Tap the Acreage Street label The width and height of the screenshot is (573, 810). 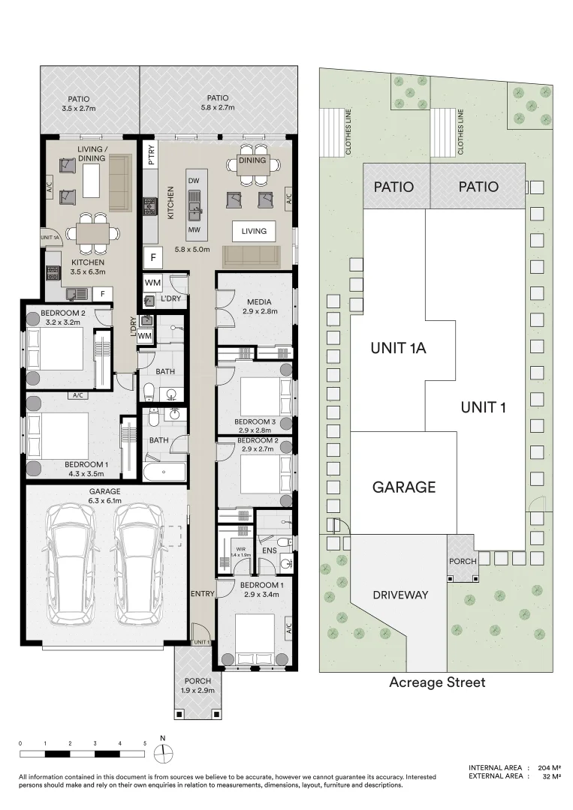tap(437, 682)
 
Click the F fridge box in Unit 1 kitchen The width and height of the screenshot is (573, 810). tap(153, 257)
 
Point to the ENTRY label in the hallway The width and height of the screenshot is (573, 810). tap(203, 593)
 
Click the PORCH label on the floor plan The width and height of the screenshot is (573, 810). tap(198, 681)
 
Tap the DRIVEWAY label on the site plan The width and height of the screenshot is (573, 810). tap(400, 595)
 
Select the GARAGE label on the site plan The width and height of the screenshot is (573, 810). tap(404, 487)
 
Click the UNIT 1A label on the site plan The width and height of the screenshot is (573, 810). tap(398, 348)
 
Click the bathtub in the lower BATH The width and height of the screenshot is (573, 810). tap(164, 472)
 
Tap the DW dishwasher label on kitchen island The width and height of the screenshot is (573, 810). tap(193, 181)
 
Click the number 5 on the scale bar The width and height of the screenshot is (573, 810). tap(144, 744)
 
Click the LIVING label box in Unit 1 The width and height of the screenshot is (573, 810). tap(254, 231)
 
